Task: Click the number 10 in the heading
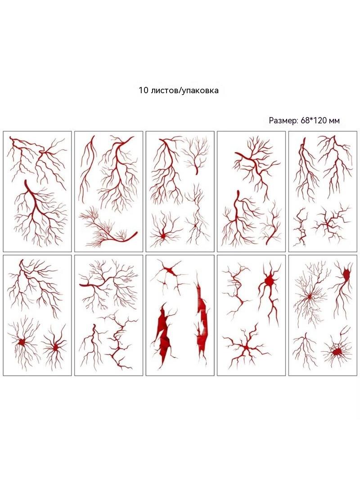coord(143,91)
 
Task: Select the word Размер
coord(283,121)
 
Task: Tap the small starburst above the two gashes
coord(169,271)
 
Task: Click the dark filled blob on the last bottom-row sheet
coord(346,274)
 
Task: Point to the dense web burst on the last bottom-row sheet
coord(337,351)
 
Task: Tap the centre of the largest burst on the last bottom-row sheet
coord(309,296)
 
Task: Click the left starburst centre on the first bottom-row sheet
coord(22,342)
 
